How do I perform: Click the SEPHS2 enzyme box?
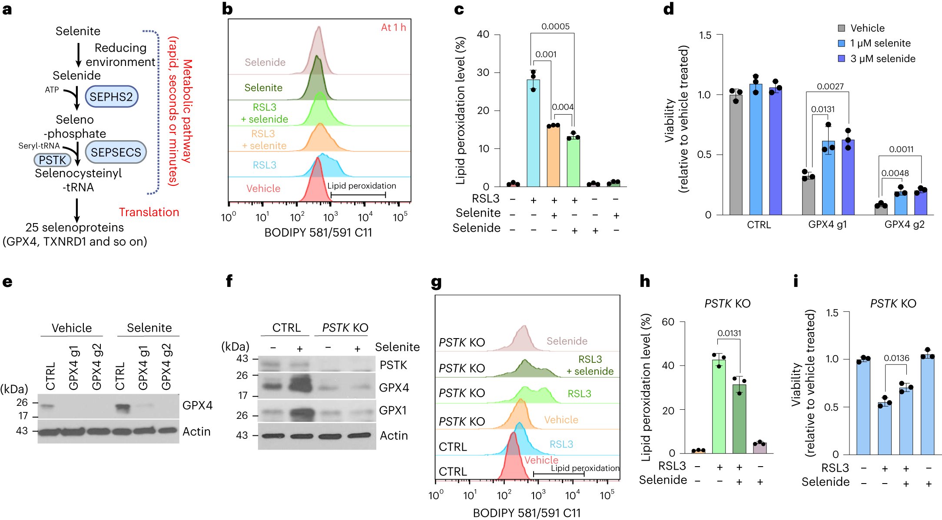(x=111, y=96)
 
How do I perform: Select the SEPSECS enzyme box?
(x=116, y=152)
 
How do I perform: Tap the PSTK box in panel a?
(x=52, y=160)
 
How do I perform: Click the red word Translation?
(x=149, y=212)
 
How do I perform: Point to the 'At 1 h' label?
(x=393, y=27)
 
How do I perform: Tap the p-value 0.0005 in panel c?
(x=555, y=26)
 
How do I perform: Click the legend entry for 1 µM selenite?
(x=880, y=43)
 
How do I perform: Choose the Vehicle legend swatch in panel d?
(x=842, y=28)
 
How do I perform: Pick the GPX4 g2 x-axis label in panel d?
(x=904, y=224)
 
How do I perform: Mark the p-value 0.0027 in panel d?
(x=830, y=86)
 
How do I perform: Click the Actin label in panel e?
(x=196, y=431)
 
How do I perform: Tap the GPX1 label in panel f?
(x=393, y=410)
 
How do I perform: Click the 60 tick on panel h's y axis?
(x=668, y=322)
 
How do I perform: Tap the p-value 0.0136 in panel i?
(x=896, y=358)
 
